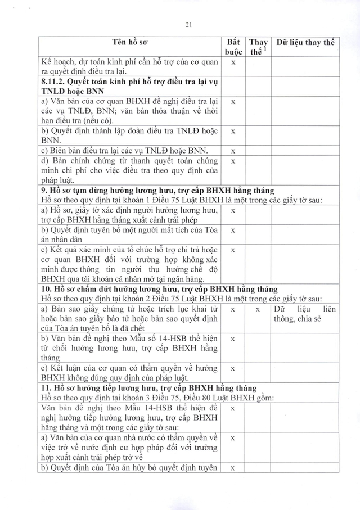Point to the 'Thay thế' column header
click(x=258, y=47)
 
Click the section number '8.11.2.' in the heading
click(x=55, y=82)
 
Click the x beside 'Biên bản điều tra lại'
click(x=233, y=150)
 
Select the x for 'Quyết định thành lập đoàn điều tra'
click(x=233, y=130)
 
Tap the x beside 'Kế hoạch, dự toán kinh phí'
click(x=233, y=62)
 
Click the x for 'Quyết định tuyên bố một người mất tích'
click(x=233, y=230)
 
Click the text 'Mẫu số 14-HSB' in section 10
click(x=158, y=339)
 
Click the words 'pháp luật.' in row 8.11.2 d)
click(x=60, y=181)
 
